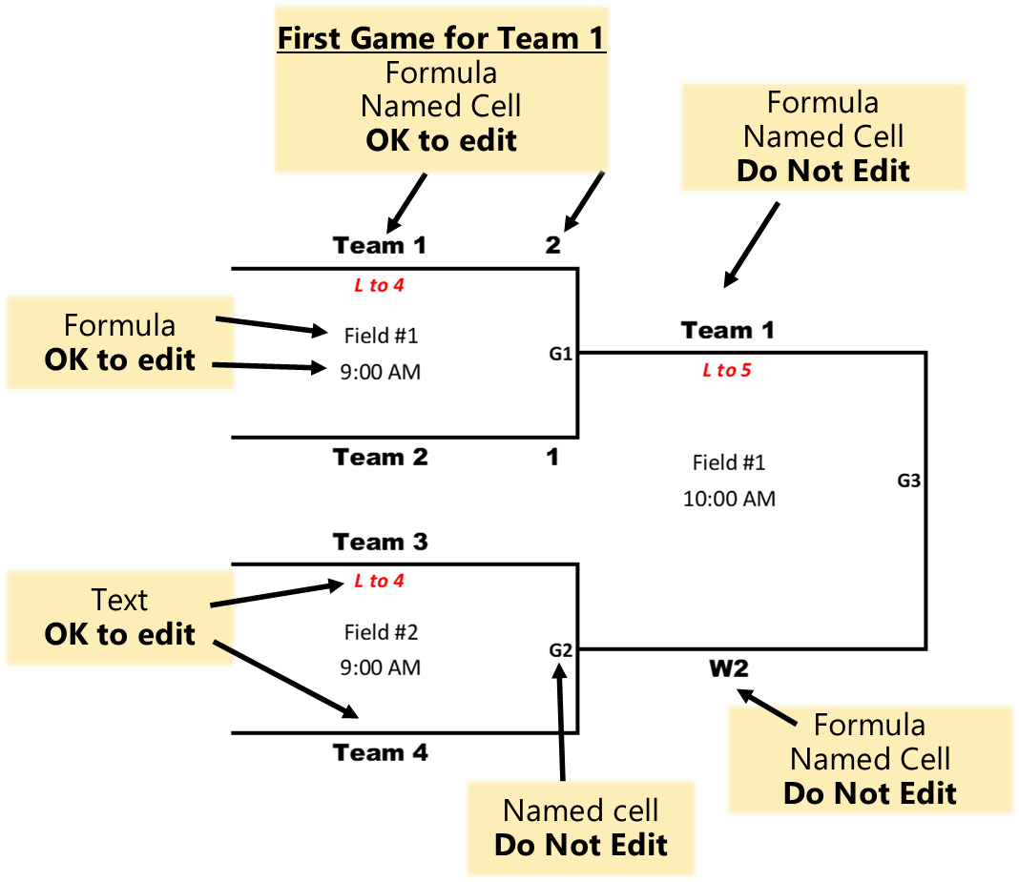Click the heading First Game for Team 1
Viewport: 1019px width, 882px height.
pyautogui.click(x=441, y=38)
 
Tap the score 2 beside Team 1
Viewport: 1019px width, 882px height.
pyautogui.click(x=552, y=245)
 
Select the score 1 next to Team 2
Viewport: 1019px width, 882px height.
pyautogui.click(x=552, y=458)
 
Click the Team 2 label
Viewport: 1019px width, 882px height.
pyautogui.click(x=380, y=458)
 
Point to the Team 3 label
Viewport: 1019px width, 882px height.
pyautogui.click(x=380, y=542)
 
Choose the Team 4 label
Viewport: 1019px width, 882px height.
pyautogui.click(x=380, y=752)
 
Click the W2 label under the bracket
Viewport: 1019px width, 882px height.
pyautogui.click(x=729, y=668)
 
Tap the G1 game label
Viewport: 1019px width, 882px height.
pyautogui.click(x=560, y=354)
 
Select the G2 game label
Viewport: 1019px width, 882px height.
pyautogui.click(x=560, y=650)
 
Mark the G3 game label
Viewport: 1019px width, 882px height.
pyautogui.click(x=908, y=481)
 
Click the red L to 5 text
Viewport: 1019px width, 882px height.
pyautogui.click(x=726, y=370)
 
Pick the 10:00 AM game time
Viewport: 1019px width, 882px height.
pyautogui.click(x=729, y=499)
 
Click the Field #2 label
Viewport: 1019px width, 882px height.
pyautogui.click(x=381, y=632)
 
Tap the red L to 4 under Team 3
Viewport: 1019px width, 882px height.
pyautogui.click(x=379, y=581)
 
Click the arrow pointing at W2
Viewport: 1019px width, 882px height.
pyautogui.click(x=766, y=707)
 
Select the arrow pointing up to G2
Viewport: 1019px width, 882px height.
pyautogui.click(x=561, y=722)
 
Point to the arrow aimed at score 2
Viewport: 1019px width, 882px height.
pyautogui.click(x=584, y=202)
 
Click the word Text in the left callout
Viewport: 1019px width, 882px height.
pyautogui.click(x=119, y=600)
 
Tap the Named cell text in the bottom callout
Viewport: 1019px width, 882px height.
pyautogui.click(x=580, y=810)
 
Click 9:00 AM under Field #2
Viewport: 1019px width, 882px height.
pyautogui.click(x=380, y=667)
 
